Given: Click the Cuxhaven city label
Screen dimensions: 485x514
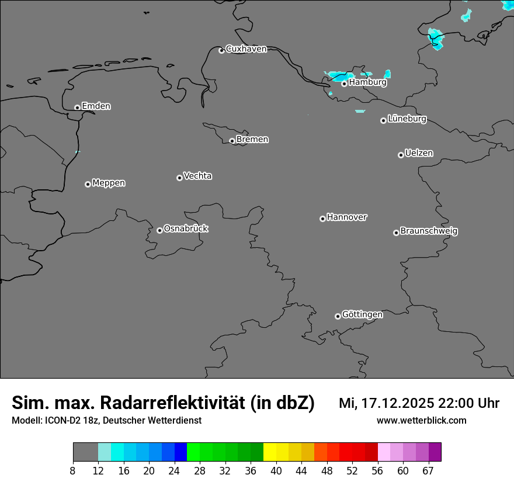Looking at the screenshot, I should click(246, 49).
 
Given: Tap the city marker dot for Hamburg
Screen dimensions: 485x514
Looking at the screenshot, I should click(345, 84).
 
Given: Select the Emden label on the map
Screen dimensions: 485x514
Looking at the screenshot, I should click(96, 106).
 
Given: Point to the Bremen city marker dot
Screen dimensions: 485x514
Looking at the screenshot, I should click(232, 141).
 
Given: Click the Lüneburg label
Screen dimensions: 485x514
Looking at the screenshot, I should click(407, 119).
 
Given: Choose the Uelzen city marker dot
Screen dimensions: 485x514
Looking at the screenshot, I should click(401, 155).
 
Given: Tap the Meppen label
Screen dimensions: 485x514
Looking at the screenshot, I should click(109, 183).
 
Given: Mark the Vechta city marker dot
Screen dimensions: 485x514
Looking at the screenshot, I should click(179, 178).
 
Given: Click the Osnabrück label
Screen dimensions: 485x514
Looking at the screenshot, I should click(186, 228).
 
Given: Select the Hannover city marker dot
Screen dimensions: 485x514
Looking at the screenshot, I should click(322, 219).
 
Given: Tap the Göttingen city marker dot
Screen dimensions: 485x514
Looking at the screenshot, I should click(338, 316).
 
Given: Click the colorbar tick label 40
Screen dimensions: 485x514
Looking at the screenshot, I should click(276, 471).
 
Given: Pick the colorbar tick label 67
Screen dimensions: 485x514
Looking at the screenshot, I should click(428, 471).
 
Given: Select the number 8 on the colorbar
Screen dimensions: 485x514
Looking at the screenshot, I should click(73, 471).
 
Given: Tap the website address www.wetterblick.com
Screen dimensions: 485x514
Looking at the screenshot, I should click(421, 420).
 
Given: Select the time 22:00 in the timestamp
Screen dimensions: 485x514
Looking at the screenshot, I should click(459, 403).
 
